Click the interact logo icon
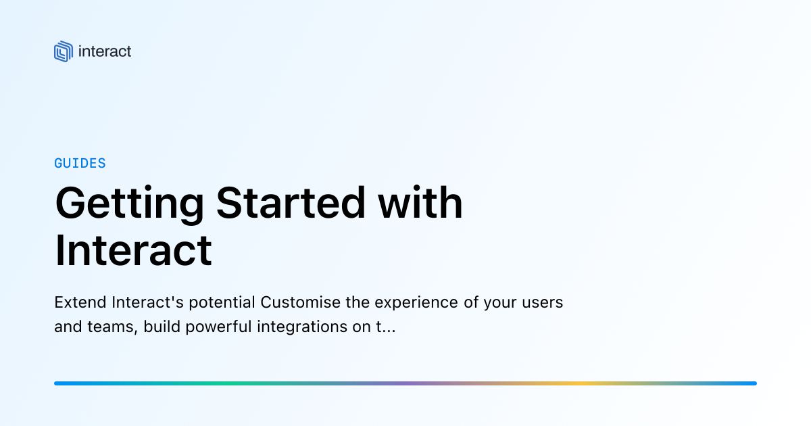coord(64,51)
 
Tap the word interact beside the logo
coord(105,51)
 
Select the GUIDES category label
coord(80,164)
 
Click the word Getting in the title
coord(130,204)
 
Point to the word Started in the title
coord(291,203)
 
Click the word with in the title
coord(420,202)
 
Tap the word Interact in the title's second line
coord(133,250)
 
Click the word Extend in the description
coord(80,302)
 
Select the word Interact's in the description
coord(148,302)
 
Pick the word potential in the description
coord(222,303)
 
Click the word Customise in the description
coord(301,302)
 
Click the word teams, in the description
coord(113,327)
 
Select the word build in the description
coord(162,327)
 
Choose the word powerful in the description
coord(218,327)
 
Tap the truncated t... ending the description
coord(386,327)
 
